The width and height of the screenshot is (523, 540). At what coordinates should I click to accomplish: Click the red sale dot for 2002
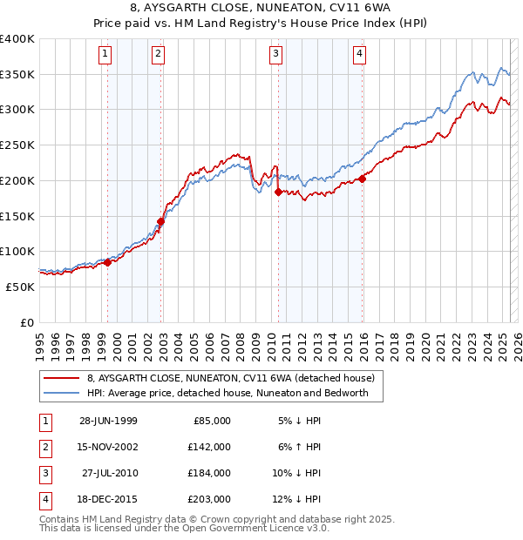point(161,220)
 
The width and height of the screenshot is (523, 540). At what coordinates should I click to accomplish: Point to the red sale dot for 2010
point(278,192)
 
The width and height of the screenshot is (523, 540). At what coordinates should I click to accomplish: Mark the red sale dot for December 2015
point(363,178)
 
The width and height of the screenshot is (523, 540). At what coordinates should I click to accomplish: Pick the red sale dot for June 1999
point(108,261)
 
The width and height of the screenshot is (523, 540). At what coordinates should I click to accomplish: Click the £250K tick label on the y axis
point(17,145)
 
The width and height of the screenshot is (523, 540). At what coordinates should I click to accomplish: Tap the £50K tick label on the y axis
point(20,287)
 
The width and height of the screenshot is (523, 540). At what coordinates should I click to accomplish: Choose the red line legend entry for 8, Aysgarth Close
point(230,378)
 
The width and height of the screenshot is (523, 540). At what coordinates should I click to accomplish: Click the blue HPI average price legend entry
point(228,393)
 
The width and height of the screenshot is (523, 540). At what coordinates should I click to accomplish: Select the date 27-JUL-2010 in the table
point(110,473)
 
